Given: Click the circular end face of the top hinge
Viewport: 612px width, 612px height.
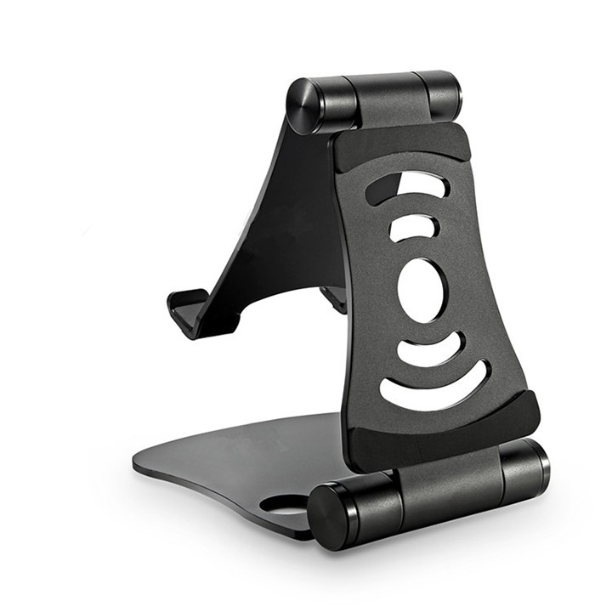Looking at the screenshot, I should tap(303, 106).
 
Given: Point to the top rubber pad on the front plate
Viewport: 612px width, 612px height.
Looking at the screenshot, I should tap(399, 144).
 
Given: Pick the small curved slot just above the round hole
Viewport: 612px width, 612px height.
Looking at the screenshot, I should tap(414, 227).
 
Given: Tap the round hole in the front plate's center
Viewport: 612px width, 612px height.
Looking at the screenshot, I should tap(420, 289).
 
